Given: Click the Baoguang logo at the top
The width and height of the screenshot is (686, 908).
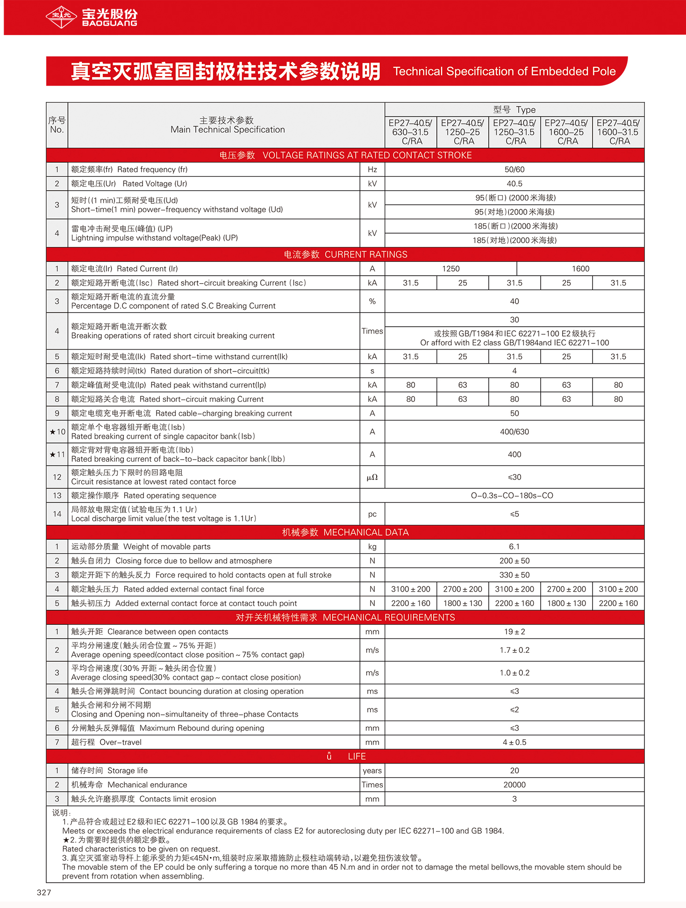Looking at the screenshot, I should click(x=92, y=17).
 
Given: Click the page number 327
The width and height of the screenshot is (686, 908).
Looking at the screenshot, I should click(x=44, y=892).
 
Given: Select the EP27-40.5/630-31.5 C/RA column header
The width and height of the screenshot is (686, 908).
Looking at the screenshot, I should click(x=411, y=132).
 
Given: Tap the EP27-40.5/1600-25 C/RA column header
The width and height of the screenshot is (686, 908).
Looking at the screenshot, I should click(x=566, y=132).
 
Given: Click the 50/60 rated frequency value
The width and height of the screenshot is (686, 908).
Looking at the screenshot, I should click(x=514, y=169).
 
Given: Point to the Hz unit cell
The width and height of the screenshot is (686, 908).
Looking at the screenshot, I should click(x=372, y=169).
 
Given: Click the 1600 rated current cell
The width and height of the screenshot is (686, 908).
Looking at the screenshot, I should click(x=580, y=269).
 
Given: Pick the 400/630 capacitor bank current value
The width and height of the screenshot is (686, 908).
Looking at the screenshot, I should click(x=514, y=432).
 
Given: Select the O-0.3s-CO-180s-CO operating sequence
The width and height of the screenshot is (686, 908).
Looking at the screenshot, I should click(x=512, y=495).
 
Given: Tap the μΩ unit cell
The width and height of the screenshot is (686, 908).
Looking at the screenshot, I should click(x=372, y=477).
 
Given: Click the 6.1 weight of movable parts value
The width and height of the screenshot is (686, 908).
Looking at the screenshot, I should click(x=514, y=546).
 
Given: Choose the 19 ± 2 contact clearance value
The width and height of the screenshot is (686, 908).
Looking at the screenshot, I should click(x=514, y=631).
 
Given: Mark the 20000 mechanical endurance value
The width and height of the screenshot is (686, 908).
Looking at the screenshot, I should click(x=514, y=785).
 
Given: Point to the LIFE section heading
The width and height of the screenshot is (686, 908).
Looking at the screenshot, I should click(x=357, y=756).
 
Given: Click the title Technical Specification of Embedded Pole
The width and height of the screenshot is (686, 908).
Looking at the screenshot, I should click(x=504, y=71).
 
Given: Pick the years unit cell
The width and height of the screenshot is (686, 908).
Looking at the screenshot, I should click(x=372, y=771).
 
